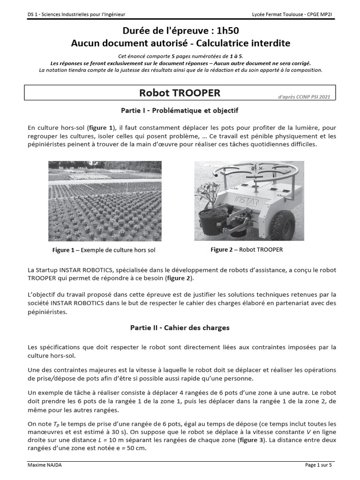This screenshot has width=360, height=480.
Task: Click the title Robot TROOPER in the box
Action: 180,93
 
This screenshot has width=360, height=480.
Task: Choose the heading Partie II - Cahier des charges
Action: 180,328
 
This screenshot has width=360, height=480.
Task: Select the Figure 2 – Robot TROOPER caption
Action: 247,250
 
